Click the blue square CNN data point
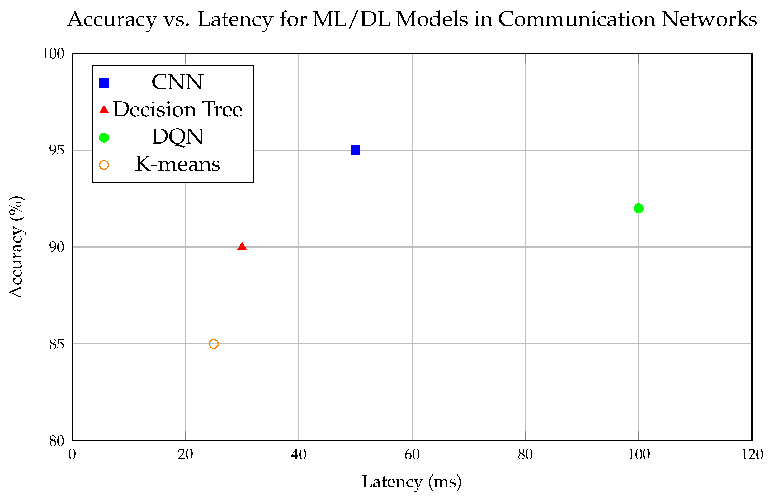pyautogui.click(x=355, y=150)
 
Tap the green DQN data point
pyautogui.click(x=638, y=208)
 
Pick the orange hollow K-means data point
pyautogui.click(x=214, y=344)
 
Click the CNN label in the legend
pyautogui.click(x=177, y=82)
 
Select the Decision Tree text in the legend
pyautogui.click(x=178, y=109)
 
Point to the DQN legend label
pyautogui.click(x=177, y=136)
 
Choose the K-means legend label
pyautogui.click(x=178, y=164)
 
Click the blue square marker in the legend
pyautogui.click(x=104, y=83)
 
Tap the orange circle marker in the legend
pyautogui.click(x=104, y=165)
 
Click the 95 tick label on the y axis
pyautogui.click(x=57, y=150)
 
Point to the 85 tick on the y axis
pyautogui.click(x=57, y=344)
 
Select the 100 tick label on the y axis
pyautogui.click(x=53, y=54)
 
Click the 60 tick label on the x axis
pyautogui.click(x=412, y=455)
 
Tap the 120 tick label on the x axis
pyautogui.click(x=752, y=455)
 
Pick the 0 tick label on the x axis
pyautogui.click(x=72, y=455)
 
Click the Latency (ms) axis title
pyautogui.click(x=412, y=482)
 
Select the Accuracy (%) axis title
pyautogui.click(x=16, y=247)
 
